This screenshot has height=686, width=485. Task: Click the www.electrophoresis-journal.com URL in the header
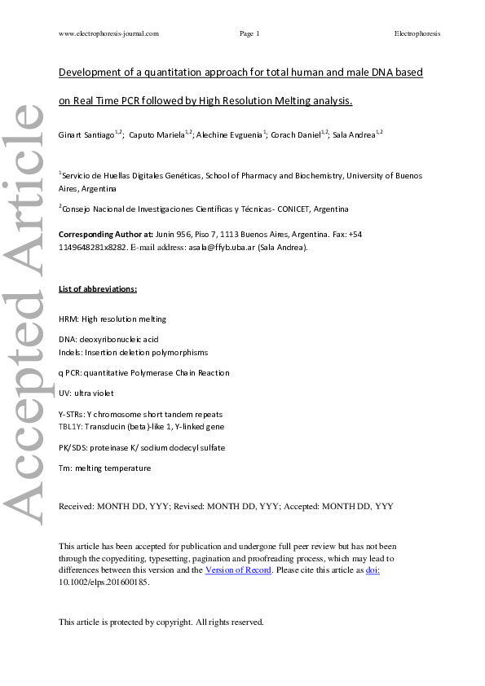coord(109,33)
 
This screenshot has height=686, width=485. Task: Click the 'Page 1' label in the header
coord(249,33)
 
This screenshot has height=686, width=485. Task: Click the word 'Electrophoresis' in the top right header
coord(417,33)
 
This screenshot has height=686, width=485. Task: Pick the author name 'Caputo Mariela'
coord(157,134)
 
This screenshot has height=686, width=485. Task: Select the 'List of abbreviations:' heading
coord(98,289)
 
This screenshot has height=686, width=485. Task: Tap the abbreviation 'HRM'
coord(69,319)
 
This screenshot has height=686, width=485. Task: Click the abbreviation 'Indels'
coord(71,352)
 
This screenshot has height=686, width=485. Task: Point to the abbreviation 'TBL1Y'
coord(71,426)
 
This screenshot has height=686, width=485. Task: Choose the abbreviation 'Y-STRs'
coord(72,415)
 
